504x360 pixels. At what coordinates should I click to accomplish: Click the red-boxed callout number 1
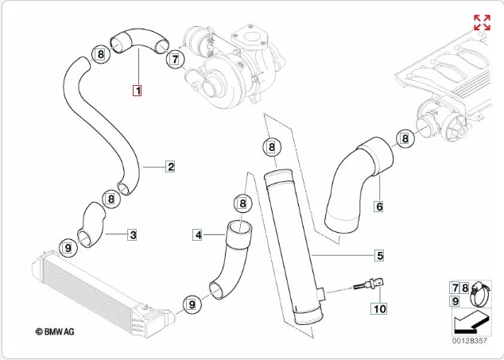137,91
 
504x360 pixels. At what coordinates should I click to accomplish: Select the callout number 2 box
170,166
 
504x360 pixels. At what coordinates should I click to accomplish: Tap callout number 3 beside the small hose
133,234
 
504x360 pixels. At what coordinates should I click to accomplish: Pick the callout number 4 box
198,234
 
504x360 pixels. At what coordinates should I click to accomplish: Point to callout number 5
380,255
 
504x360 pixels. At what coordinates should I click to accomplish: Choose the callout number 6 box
379,207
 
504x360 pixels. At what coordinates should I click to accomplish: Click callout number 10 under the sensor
379,308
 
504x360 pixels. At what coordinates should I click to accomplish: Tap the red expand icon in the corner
482,22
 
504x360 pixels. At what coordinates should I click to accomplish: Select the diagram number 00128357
470,340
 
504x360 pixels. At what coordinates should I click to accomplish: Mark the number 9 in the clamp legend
455,301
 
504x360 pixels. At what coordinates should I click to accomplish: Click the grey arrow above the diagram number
470,321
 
